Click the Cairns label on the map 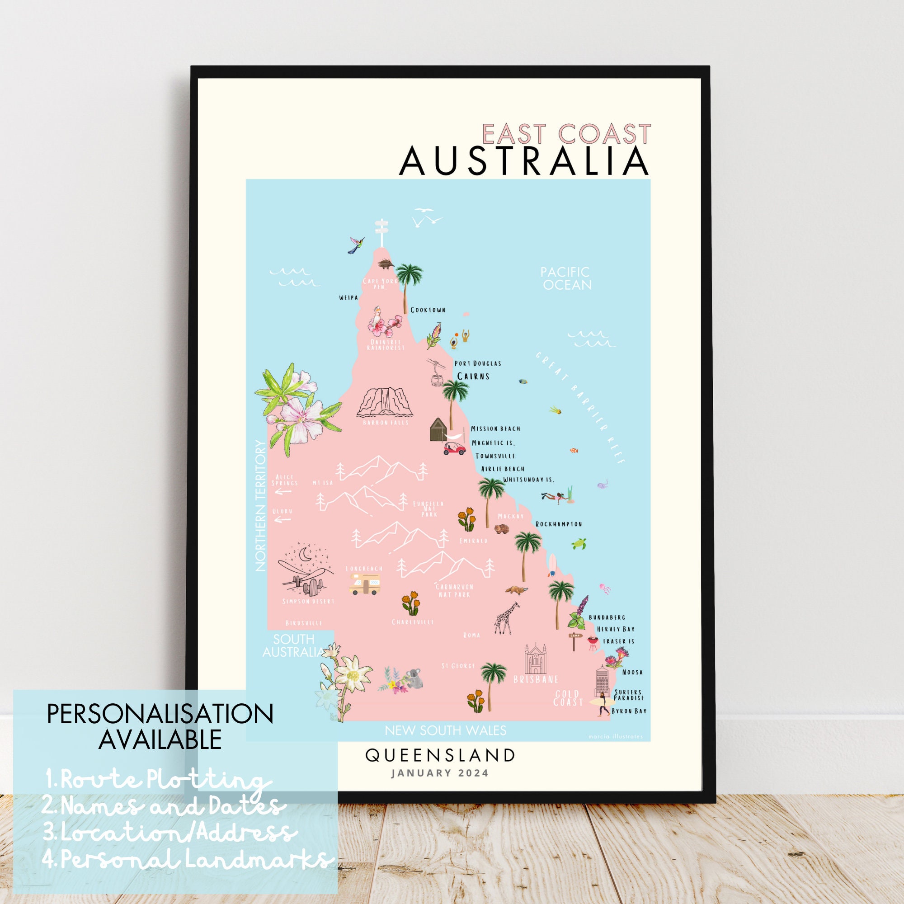pos(473,376)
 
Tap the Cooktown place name pos(428,310)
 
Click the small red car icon pos(454,449)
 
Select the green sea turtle pos(579,543)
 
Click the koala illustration pos(414,679)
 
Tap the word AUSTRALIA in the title pos(524,161)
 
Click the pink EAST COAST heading pos(566,134)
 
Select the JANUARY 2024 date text pos(440,773)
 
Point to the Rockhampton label pos(559,524)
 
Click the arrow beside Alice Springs pos(283,492)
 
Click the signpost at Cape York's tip pos(382,232)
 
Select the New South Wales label pos(446,730)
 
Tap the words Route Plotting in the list pos(159,780)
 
